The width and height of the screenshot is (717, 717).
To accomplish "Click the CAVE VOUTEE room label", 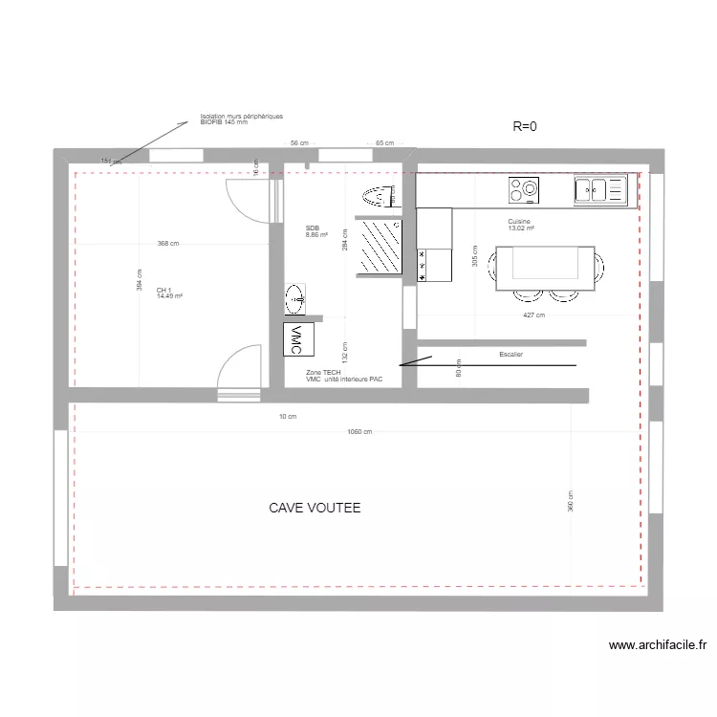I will pyautogui.click(x=315, y=508).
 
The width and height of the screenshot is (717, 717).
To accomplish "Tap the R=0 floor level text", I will pyautogui.click(x=526, y=125).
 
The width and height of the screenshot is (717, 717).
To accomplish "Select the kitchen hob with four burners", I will pyautogui.click(x=525, y=190).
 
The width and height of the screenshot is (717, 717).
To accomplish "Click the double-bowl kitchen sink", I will pyautogui.click(x=598, y=190).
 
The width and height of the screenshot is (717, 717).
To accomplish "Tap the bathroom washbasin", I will pyautogui.click(x=295, y=298).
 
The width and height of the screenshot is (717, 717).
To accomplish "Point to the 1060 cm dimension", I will pyautogui.click(x=358, y=432).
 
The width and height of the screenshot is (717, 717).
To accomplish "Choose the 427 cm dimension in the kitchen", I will pyautogui.click(x=533, y=315).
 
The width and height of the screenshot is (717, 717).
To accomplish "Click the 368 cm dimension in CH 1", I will pyautogui.click(x=168, y=244).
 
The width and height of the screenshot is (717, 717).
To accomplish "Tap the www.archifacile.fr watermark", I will pyautogui.click(x=658, y=645).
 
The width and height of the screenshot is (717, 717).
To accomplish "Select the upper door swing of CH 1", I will pyautogui.click(x=247, y=201).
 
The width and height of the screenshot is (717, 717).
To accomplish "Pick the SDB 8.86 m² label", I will pyautogui.click(x=316, y=230).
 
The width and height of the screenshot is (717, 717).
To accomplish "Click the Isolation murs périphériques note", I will pyautogui.click(x=241, y=119).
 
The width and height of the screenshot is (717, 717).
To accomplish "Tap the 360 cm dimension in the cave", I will pyautogui.click(x=571, y=502).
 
